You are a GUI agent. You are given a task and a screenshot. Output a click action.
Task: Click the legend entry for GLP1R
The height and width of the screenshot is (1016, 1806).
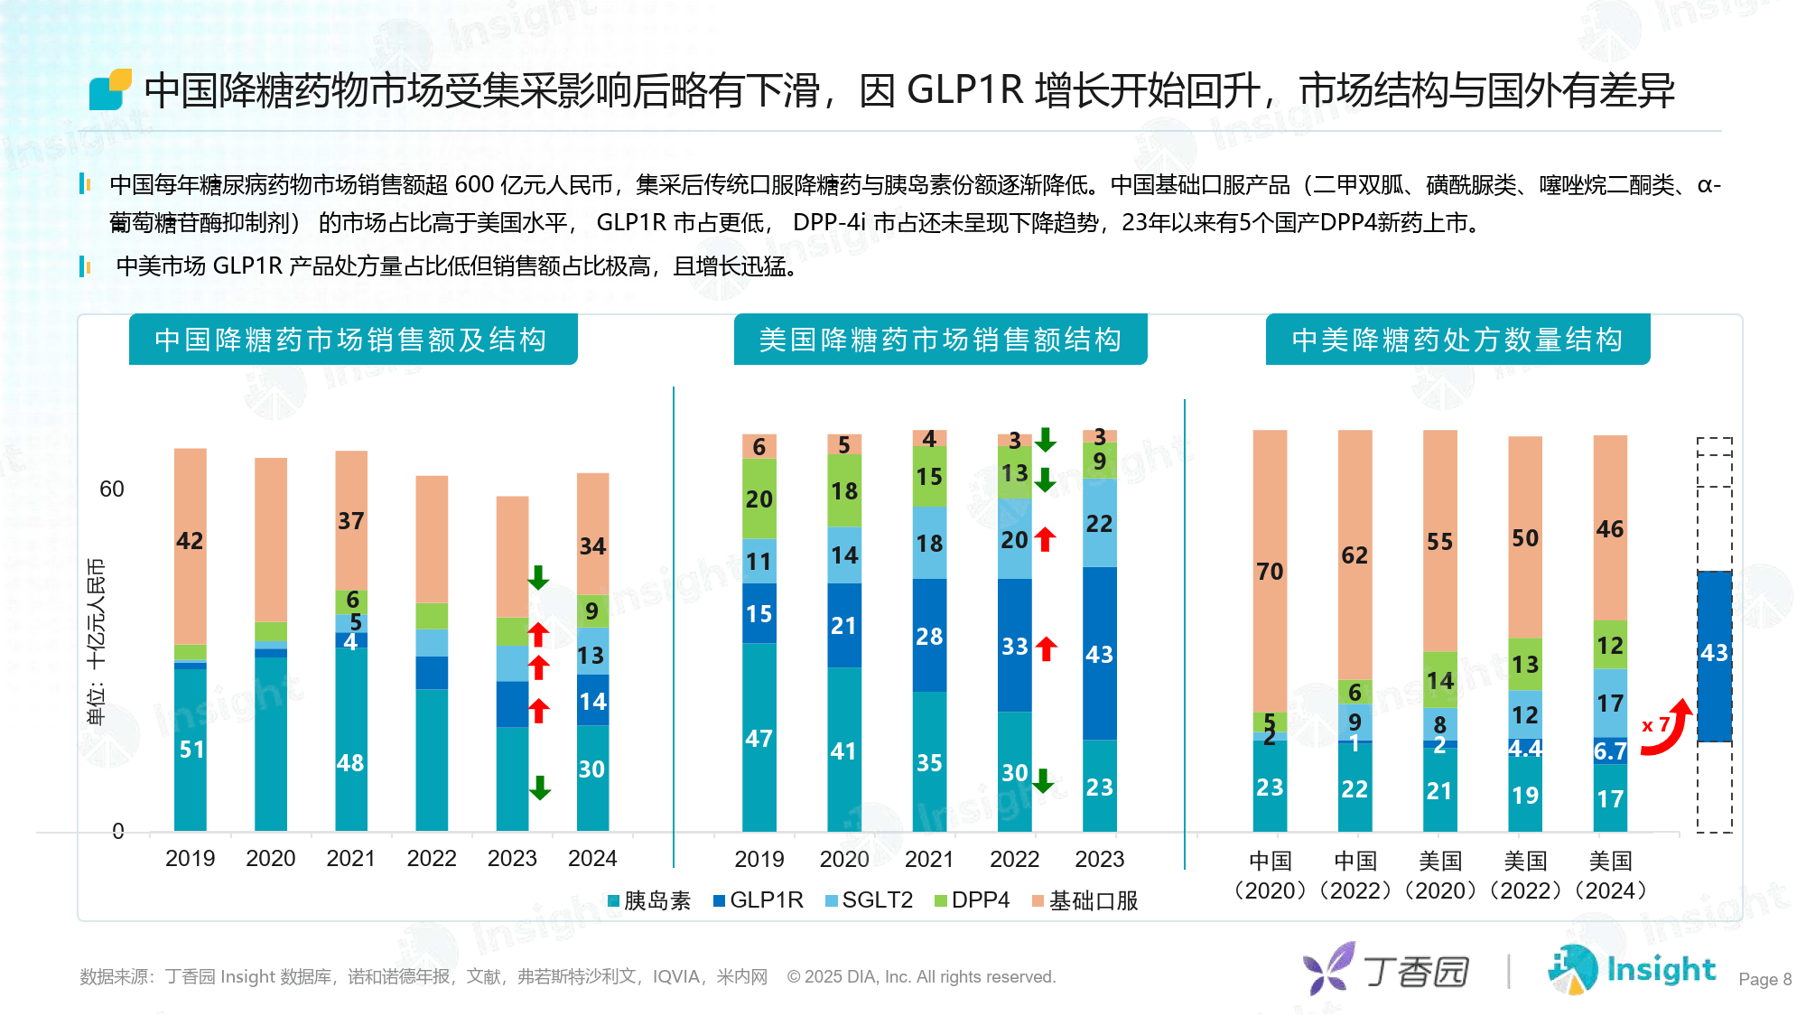pos(759,900)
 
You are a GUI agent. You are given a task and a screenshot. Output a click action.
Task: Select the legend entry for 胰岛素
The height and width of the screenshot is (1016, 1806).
pos(649,900)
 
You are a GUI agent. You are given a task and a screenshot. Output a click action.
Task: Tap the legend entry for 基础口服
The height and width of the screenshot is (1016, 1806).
pos(1085,900)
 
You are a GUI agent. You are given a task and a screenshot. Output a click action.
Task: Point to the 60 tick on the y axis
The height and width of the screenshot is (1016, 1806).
pos(112,489)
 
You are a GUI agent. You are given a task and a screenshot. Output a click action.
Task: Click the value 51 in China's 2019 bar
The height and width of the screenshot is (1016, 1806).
pos(191,750)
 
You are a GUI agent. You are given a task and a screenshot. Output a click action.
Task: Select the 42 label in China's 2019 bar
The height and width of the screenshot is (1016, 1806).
pos(190,541)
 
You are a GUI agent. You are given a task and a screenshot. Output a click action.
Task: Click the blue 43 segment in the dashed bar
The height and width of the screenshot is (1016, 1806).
pos(1714,653)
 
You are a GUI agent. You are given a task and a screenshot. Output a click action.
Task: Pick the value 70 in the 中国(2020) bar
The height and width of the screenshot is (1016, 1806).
pos(1270,572)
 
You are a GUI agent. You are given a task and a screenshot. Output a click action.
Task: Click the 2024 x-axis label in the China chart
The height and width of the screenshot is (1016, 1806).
pos(592,858)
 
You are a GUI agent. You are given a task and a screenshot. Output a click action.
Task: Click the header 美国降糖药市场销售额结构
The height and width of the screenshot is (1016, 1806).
pos(940,340)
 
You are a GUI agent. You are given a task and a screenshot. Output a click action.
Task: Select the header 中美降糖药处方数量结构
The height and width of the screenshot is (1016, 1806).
pos(1457,340)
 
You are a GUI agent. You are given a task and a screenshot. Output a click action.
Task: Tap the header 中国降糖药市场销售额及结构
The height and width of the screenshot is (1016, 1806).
pos(352,340)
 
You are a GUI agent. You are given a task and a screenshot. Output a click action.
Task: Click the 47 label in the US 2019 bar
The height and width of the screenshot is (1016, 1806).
pos(759,739)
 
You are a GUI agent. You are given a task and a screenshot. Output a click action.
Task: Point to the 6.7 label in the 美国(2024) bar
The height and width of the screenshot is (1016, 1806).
pos(1610,751)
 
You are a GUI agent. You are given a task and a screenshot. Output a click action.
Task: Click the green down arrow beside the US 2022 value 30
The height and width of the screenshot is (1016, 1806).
pos(1043,780)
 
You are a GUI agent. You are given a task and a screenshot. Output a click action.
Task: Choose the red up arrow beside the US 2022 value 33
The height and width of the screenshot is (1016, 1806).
pos(1047,648)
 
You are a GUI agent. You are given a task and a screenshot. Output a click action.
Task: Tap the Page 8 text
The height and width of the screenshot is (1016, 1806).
pos(1764,979)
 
